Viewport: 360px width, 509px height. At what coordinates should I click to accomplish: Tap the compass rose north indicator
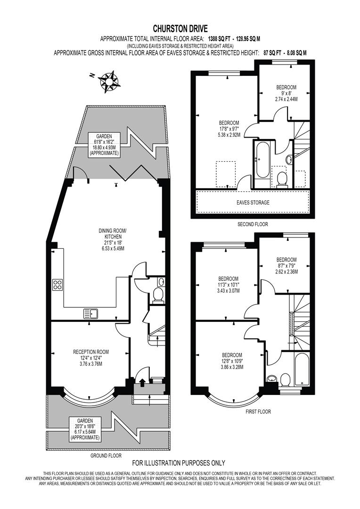click(x=108, y=81)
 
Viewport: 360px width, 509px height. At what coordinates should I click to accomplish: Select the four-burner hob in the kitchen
click(x=58, y=285)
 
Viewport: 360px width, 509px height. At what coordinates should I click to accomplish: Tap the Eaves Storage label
click(x=254, y=203)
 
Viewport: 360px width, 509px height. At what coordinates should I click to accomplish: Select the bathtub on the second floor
click(x=262, y=160)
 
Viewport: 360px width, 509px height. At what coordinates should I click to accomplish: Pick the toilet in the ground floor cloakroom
click(x=158, y=295)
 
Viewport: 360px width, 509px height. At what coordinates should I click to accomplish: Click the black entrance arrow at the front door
click(x=143, y=382)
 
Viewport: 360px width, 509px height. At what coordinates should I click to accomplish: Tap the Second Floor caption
click(x=253, y=225)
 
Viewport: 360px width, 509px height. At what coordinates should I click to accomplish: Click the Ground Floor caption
click(x=106, y=456)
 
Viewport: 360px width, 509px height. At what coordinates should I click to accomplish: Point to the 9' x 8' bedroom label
click(x=286, y=93)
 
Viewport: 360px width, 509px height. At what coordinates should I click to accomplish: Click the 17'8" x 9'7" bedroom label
click(x=229, y=129)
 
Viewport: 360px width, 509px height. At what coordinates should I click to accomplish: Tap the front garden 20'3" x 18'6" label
click(x=85, y=428)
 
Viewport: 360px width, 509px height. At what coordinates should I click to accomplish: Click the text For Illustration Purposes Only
click(x=179, y=463)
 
